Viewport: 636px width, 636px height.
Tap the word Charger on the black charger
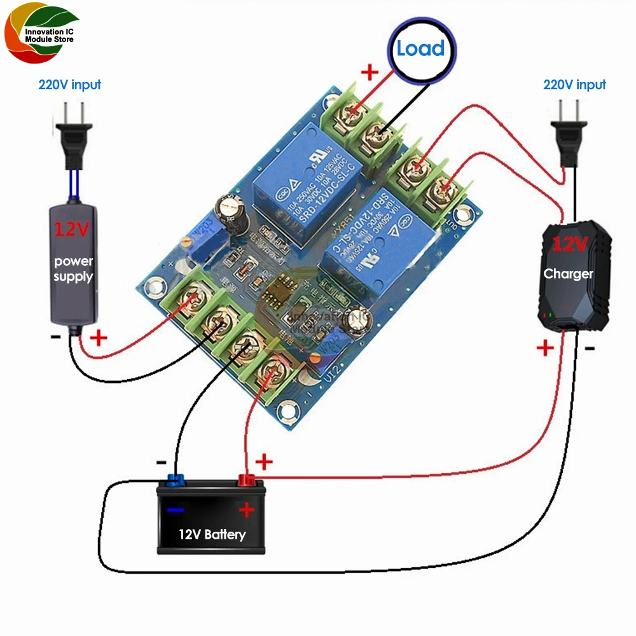(x=568, y=274)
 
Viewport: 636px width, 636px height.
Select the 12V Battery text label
(x=212, y=534)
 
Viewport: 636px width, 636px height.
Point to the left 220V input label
(x=69, y=85)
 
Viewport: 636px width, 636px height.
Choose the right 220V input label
(x=574, y=85)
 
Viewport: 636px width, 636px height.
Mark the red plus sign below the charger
(x=545, y=348)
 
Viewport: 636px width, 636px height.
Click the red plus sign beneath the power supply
(x=99, y=338)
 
